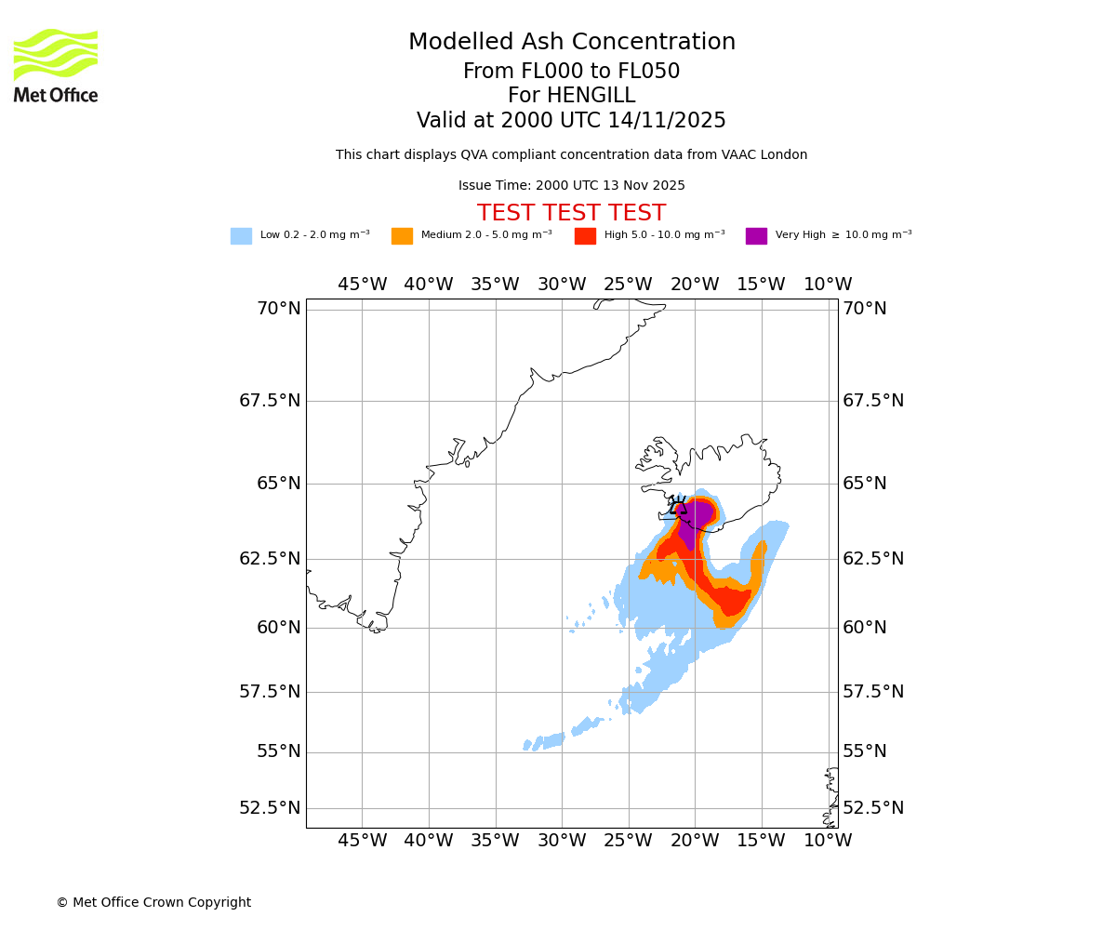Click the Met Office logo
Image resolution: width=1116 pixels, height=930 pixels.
pos(56,65)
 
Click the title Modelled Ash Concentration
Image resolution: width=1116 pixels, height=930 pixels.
pos(572,42)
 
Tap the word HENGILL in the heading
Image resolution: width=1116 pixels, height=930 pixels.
pos(571,96)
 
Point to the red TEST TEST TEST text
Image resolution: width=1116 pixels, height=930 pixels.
pos(571,213)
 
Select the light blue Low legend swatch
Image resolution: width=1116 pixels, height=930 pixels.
pos(241,235)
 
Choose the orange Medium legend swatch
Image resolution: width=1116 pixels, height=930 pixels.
pos(402,235)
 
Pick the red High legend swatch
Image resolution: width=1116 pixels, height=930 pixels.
pos(585,235)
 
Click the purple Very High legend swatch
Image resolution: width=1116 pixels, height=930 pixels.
pos(756,235)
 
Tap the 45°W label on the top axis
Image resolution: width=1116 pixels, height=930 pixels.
pos(362,285)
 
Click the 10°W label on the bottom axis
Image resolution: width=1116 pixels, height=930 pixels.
pos(828,841)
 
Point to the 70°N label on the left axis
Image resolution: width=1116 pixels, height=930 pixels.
pos(279,309)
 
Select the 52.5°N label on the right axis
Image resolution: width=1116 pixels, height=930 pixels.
pos(873,808)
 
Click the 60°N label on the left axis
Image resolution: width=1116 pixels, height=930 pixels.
pos(279,628)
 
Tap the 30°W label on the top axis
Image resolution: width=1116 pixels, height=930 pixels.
pos(562,285)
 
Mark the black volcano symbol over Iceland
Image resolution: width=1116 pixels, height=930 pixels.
pos(678,507)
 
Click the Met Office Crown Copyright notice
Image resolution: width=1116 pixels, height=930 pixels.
pos(153,902)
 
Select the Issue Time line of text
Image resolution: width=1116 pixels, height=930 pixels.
pos(571,185)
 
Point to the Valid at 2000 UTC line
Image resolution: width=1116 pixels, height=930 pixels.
pos(571,121)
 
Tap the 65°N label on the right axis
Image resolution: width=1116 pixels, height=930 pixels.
pos(865,484)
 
